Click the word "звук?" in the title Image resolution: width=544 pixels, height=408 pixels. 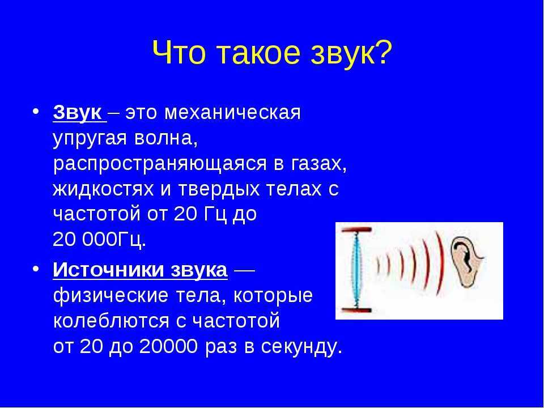(351, 53)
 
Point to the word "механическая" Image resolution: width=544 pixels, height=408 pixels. (232, 113)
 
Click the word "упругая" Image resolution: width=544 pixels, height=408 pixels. (90, 140)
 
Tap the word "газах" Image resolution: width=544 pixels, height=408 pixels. (316, 164)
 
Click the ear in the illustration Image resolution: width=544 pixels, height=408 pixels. (467, 262)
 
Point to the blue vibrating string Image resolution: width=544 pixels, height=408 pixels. (355, 270)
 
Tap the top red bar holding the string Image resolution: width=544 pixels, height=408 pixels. (356, 229)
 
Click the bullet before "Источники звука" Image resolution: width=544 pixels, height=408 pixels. (35, 269)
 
